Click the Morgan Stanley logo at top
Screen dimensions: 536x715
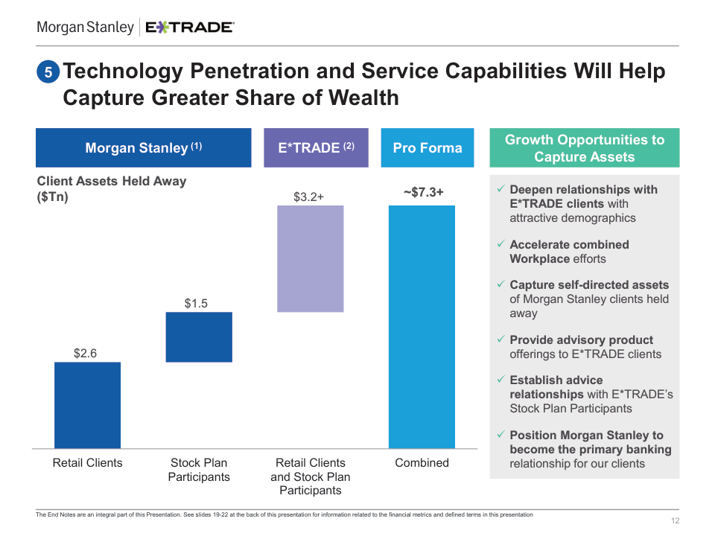[x=85, y=28]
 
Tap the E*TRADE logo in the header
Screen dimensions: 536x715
[x=190, y=28]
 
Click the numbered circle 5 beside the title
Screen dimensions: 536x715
[x=48, y=73]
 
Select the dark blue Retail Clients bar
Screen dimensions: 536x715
[x=87, y=405]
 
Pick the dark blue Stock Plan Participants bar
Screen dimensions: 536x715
[x=199, y=336]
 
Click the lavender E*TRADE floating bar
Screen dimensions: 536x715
[x=311, y=258]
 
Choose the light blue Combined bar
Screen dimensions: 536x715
[x=422, y=327]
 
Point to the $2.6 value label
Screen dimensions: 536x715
[x=85, y=354]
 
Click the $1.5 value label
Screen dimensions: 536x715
[x=196, y=303]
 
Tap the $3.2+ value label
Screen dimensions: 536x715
[x=310, y=197]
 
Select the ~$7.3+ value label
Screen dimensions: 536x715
[x=423, y=193]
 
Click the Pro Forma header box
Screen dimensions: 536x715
[x=428, y=147]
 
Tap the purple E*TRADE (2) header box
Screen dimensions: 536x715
[x=316, y=147]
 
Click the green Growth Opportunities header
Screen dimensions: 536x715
[x=584, y=148]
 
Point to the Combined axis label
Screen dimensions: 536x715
[x=422, y=463]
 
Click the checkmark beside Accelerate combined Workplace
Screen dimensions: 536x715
[x=501, y=245]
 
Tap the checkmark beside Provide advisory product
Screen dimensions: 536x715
[x=501, y=340]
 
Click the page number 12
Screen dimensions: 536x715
[x=675, y=520]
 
